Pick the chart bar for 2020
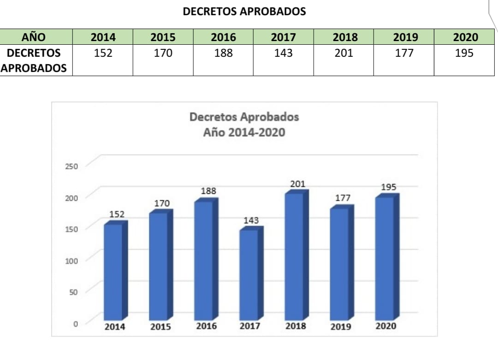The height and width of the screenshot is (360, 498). [384, 258]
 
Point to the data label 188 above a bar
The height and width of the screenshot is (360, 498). [208, 191]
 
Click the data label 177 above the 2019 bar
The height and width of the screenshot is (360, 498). [343, 198]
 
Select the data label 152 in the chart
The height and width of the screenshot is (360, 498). [117, 214]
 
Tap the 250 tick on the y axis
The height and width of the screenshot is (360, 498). [71, 166]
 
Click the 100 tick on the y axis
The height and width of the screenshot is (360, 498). [71, 260]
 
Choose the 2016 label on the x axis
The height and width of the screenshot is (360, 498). [206, 326]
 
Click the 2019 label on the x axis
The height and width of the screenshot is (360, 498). [341, 327]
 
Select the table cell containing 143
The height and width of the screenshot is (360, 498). [283, 54]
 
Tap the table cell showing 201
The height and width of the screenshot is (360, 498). [344, 54]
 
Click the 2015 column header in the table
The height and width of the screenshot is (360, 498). [163, 37]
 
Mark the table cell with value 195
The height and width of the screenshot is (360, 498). [464, 54]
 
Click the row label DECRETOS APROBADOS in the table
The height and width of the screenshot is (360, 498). [34, 60]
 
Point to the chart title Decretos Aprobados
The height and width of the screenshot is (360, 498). [244, 117]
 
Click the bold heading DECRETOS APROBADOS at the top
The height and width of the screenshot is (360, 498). [244, 12]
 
